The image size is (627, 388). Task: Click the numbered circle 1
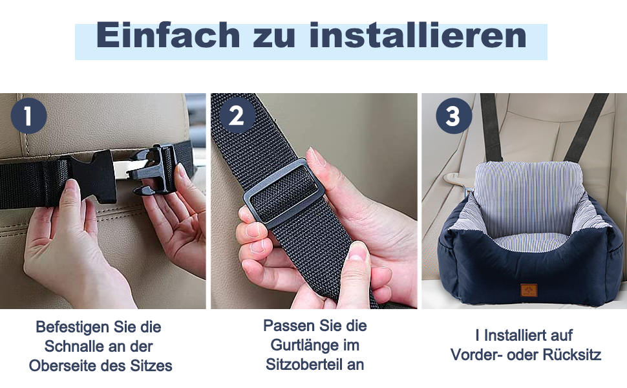[x=28, y=116]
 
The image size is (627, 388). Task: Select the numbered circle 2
[x=237, y=116]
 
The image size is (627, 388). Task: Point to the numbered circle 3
[x=454, y=116]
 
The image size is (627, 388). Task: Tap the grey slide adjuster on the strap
[x=279, y=193]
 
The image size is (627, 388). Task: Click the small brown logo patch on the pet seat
[x=529, y=290]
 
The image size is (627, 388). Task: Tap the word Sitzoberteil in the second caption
[x=304, y=365]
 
